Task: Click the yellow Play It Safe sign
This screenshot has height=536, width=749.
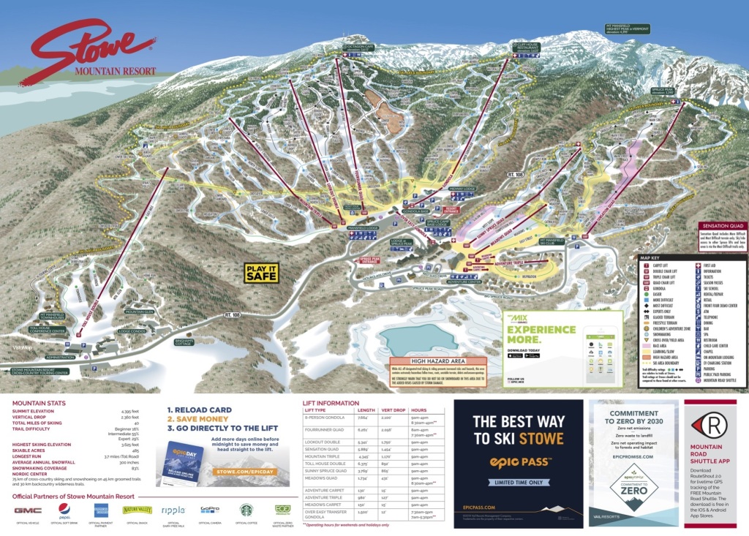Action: click(x=261, y=272)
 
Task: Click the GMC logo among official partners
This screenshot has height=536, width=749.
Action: click(x=28, y=510)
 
